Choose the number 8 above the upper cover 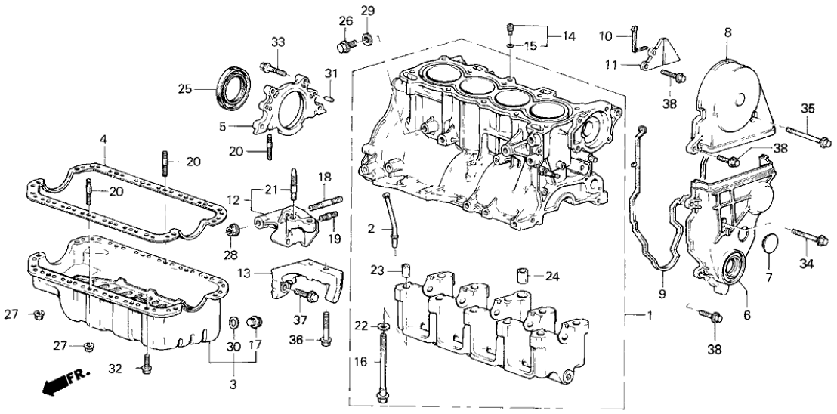[x=727, y=32]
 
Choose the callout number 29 [x=368, y=10]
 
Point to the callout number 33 [x=278, y=41]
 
